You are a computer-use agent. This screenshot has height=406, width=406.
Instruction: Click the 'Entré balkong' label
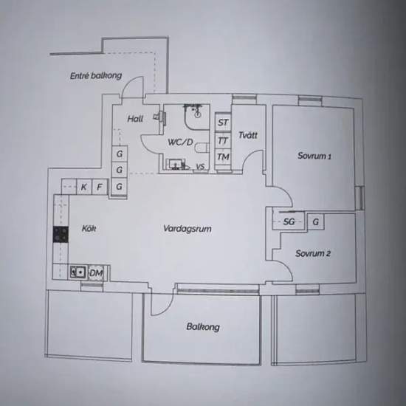click(96, 76)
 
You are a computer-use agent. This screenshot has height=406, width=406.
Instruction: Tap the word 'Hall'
click(135, 119)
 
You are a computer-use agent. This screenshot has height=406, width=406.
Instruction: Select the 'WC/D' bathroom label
click(180, 142)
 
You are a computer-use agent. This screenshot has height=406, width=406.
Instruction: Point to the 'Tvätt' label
click(248, 135)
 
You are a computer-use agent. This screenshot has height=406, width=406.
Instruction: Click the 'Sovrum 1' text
click(314, 156)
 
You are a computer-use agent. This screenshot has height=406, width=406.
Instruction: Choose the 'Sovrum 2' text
click(313, 253)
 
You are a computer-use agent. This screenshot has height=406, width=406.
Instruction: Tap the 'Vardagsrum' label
click(187, 228)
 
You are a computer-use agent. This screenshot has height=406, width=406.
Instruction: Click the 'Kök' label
click(89, 228)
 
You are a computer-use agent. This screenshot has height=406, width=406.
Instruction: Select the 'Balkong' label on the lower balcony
click(203, 327)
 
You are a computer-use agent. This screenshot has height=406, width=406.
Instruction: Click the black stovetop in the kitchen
click(61, 234)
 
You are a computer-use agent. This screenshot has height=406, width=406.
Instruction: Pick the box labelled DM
click(96, 272)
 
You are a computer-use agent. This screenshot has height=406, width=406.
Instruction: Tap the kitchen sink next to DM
click(78, 272)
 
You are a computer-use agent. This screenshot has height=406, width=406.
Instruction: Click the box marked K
click(84, 187)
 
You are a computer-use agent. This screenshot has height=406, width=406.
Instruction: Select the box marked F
click(100, 187)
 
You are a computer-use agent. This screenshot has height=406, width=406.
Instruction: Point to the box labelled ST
click(223, 123)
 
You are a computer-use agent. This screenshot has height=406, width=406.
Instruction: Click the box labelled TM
click(223, 157)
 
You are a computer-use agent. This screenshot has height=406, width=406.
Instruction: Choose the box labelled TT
click(223, 140)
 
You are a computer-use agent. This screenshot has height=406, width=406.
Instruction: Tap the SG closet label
click(289, 221)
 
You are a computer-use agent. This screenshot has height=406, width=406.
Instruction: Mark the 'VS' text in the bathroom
click(200, 167)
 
